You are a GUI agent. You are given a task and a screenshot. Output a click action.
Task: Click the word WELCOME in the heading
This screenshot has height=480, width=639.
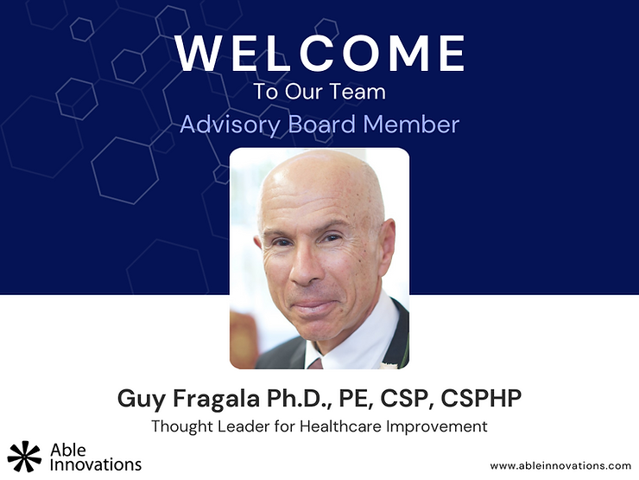coord(319,53)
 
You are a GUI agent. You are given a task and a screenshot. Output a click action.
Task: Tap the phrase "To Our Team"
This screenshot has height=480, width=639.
coord(319,92)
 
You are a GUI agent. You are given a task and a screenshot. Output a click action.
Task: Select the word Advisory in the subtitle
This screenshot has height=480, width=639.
coord(230,125)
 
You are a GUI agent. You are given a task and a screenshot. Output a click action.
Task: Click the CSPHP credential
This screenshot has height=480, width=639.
coord(481,398)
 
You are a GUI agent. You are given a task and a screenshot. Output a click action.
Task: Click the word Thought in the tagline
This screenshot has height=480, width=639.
coord(182,426)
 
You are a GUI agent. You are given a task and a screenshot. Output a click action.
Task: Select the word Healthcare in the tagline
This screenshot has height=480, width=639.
coord(341,426)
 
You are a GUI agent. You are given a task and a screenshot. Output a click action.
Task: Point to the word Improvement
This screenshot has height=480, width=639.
coord(437,427)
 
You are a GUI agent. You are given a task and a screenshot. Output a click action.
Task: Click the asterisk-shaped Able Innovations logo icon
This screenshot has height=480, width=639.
coord(24,456)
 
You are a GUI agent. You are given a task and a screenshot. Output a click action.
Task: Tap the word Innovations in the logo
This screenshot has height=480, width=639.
coord(96,464)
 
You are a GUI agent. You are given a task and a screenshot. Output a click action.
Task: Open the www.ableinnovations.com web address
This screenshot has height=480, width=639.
coord(560,465)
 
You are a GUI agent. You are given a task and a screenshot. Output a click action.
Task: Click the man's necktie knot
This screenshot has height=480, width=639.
coord(314,363)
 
